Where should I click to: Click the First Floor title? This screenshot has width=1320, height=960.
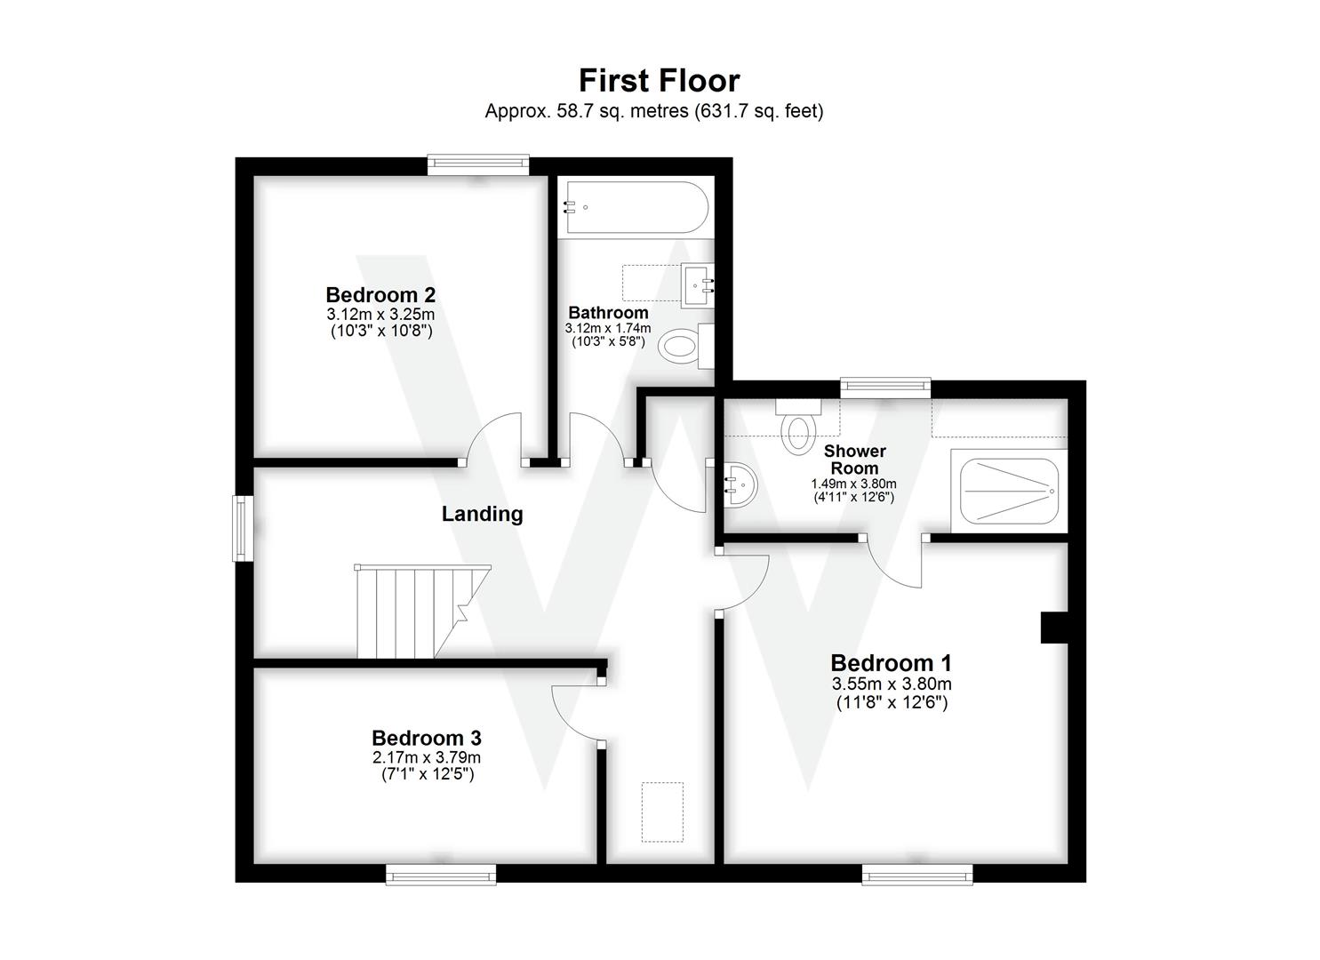pos(659,81)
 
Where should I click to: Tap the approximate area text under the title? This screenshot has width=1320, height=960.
pos(653,111)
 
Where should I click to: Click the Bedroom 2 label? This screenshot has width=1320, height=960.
pos(380,294)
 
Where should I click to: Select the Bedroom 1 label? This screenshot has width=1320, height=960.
pos(891,663)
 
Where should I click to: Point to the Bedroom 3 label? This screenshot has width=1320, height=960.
pos(426,738)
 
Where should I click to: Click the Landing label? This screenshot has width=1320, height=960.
pos(482,514)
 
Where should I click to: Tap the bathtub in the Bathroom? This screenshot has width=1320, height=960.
pos(636,208)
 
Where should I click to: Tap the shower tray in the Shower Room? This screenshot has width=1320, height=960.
pos(1007,490)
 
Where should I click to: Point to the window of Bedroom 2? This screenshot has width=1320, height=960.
pos(478,164)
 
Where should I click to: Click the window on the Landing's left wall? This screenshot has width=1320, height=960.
pos(240,528)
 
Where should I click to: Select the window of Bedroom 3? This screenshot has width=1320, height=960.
pos(441,876)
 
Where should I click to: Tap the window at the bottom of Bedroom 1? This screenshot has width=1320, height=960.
pos(916,876)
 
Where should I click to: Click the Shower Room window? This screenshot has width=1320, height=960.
pos(885,386)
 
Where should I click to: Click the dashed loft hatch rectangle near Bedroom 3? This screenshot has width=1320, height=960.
pos(662,812)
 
